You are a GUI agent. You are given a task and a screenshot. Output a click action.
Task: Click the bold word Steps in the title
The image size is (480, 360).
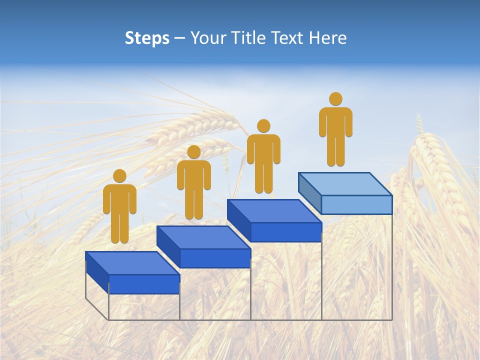147,38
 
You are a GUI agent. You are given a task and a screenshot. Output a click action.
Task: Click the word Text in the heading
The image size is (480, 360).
288,38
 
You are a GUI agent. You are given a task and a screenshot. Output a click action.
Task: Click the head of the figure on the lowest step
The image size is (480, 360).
119,176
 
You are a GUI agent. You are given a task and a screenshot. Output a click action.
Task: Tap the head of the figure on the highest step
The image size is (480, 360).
335,99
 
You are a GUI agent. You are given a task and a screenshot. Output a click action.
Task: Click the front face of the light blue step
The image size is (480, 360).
356,204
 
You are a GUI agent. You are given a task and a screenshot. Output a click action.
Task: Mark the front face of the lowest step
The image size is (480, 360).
144,284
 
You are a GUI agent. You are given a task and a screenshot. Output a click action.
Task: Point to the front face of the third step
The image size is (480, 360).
286,232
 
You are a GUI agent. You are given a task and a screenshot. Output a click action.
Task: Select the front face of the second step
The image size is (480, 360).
215,258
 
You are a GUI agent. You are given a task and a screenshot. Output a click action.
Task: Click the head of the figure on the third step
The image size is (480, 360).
263,126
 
